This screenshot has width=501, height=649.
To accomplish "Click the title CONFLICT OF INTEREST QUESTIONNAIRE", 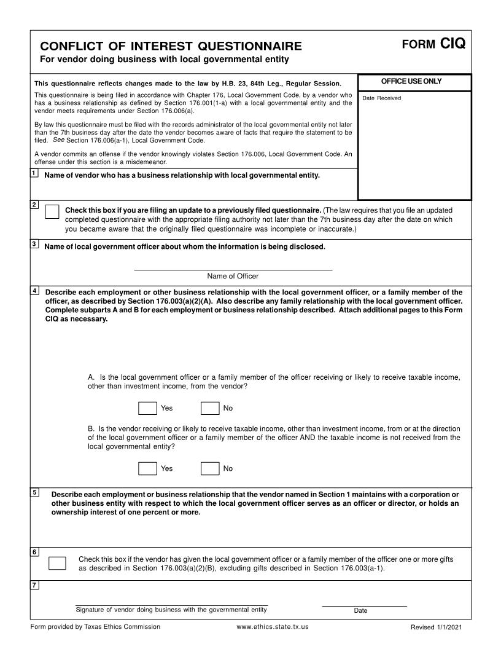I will point(171,47).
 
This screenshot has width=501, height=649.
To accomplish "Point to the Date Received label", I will point(382,98).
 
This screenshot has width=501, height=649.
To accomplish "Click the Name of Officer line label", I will point(233,277).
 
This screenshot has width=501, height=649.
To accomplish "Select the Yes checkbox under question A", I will point(147,408).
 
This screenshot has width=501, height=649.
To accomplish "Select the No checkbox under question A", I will point(210,408).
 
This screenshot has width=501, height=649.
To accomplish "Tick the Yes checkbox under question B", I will point(147,468).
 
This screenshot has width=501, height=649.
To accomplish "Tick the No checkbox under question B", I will point(210,468).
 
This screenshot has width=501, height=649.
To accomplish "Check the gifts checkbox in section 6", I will point(57,563).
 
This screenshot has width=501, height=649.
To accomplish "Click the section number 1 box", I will point(34,174).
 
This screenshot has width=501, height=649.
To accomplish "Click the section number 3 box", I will point(34,244).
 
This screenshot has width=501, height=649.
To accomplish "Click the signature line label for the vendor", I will point(171,610).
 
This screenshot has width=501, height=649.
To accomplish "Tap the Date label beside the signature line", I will point(360,611).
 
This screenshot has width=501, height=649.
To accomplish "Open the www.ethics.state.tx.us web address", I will point(272,627).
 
